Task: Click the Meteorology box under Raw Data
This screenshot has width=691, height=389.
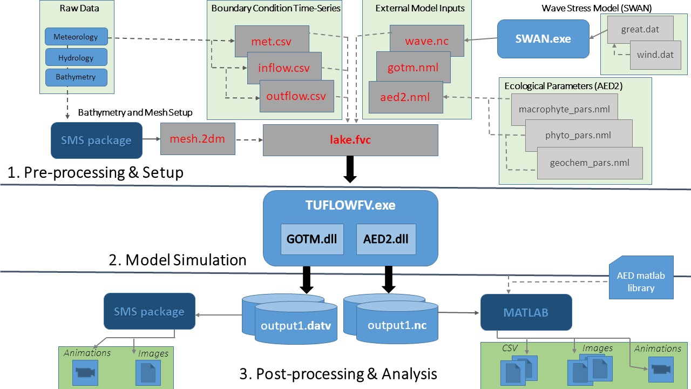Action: click(x=76, y=37)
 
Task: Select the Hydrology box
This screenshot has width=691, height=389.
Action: click(x=76, y=57)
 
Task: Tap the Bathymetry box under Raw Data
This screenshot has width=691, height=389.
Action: click(x=76, y=77)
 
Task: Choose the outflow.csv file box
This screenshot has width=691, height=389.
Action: click(x=296, y=97)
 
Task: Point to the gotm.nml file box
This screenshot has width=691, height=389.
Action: click(x=413, y=68)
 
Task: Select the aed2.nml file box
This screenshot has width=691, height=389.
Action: click(x=405, y=98)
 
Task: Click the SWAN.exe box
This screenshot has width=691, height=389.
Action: click(x=543, y=39)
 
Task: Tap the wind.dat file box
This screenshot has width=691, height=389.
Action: click(x=655, y=55)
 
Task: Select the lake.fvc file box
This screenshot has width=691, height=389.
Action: click(x=350, y=139)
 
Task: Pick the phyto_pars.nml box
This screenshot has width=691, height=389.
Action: click(x=579, y=135)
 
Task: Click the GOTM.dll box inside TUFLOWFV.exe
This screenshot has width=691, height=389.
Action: click(x=312, y=238)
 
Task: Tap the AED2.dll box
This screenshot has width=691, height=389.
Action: click(x=386, y=238)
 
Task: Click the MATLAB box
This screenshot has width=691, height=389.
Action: click(x=526, y=312)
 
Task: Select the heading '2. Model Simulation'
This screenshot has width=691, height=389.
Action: click(x=178, y=260)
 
